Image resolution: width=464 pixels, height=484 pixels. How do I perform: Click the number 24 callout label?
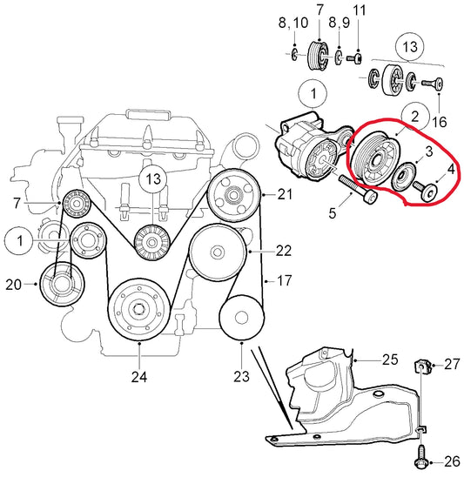pos(139,377)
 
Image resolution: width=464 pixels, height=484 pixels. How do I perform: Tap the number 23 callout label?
pos(241,376)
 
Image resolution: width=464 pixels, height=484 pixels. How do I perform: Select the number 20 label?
pos(14,285)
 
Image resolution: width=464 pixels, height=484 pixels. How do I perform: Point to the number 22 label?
pos(284,251)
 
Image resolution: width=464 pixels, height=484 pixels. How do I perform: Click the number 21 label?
pos(285,194)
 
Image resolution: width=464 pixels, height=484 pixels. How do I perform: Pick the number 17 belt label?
pos(285,280)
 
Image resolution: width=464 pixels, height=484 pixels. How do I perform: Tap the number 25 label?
pos(390,360)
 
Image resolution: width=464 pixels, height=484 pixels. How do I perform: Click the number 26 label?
pos(453,461)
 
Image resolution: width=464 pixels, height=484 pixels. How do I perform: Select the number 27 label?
pos(453,365)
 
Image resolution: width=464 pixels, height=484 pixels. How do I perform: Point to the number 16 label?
pos(440,122)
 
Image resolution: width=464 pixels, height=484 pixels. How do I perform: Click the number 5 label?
pos(333,213)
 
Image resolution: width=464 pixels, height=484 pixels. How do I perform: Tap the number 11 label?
pos(359,10)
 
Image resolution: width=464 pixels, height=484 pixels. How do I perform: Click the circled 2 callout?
pos(415,117)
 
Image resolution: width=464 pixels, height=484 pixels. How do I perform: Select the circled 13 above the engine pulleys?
pos(153,178)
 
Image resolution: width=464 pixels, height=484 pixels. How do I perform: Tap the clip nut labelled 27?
pos(422,366)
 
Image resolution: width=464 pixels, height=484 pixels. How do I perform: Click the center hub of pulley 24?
pos(139,309)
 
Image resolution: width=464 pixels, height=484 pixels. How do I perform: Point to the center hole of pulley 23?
pos(241,318)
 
